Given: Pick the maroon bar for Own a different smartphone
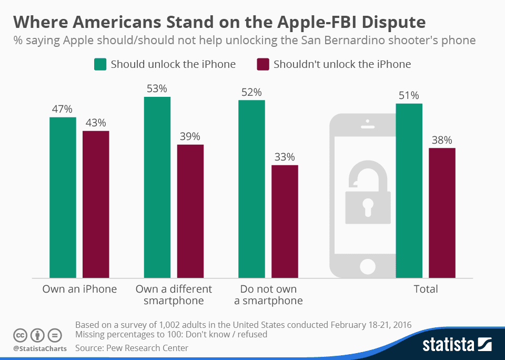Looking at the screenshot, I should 190,211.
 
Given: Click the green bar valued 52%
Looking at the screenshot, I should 251,189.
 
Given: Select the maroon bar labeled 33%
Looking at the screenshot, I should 285,222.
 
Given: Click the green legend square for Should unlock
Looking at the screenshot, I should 100,64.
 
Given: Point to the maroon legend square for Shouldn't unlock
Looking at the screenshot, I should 262,64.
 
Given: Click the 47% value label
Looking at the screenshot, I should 62,109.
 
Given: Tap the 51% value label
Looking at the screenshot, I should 409,96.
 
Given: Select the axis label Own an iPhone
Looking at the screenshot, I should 79,289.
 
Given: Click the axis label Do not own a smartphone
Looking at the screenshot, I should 268,295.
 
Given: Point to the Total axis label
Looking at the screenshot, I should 426,289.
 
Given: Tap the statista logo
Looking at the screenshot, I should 457,345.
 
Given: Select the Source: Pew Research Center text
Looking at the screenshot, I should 132,348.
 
